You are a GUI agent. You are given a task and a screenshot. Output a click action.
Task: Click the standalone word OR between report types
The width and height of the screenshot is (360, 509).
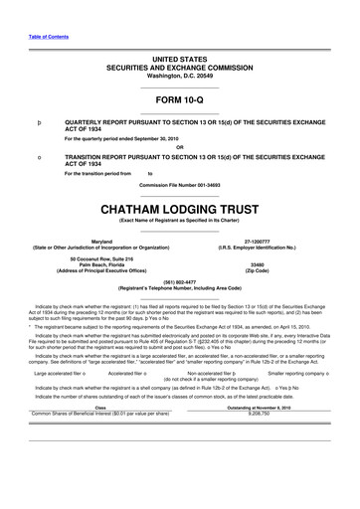pos(180,147)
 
